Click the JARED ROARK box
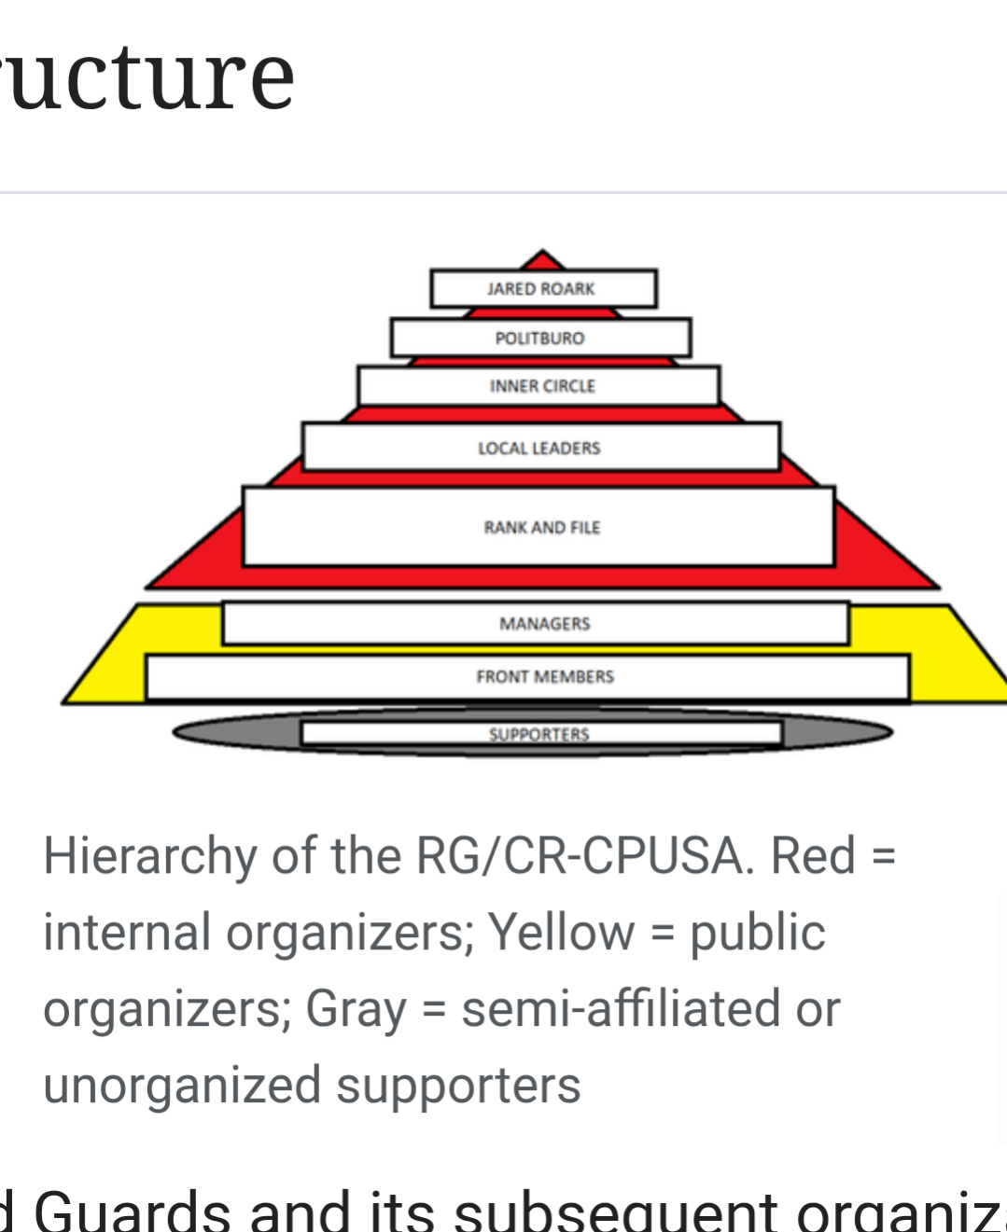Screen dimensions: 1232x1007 542,288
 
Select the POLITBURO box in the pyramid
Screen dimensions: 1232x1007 540,338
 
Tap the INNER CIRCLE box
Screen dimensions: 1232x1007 539,386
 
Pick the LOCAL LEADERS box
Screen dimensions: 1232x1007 540,448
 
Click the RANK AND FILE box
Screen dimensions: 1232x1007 538,527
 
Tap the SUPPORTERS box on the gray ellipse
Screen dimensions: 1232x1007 540,734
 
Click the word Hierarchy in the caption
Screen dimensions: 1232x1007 149,855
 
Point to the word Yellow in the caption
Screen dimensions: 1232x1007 561,932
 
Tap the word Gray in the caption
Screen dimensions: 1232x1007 356,1008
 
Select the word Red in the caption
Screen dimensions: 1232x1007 813,855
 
